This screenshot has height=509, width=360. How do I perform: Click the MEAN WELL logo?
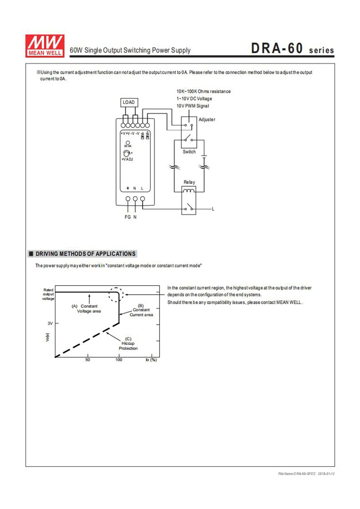[45, 46]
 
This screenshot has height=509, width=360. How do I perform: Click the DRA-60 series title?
[292, 49]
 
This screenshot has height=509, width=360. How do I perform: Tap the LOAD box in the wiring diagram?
[129, 103]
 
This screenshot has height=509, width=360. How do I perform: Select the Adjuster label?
[207, 119]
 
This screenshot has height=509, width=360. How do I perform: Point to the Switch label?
[189, 152]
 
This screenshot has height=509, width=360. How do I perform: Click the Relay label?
[189, 182]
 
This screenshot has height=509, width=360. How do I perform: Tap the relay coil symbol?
[189, 191]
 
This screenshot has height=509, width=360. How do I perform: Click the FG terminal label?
[127, 217]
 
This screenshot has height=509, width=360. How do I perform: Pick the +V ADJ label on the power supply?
[127, 159]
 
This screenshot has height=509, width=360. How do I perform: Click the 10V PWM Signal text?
[193, 106]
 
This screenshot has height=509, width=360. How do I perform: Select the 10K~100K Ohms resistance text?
[203, 91]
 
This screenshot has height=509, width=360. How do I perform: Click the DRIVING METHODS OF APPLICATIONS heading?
[85, 254]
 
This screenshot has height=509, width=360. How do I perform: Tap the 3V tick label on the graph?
[50, 323]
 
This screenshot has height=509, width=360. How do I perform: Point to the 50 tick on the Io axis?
[87, 360]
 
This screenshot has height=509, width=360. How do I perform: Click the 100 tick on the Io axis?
[119, 360]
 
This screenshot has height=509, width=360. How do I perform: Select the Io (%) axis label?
[151, 360]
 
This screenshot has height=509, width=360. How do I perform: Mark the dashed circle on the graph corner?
[116, 295]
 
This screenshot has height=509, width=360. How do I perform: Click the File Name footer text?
[306, 474]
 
